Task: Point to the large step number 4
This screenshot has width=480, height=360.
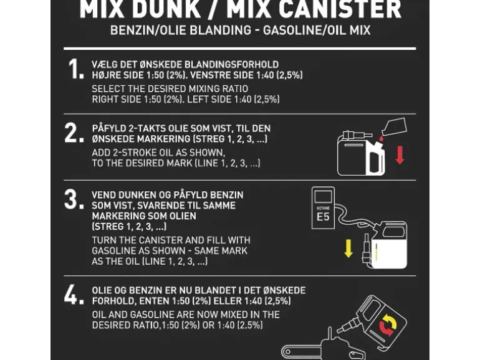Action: coord(74,295)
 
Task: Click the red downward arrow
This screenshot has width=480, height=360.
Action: coord(400,154)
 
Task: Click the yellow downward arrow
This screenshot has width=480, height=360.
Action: coord(349,247)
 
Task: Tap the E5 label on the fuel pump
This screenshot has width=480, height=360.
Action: coord(323,217)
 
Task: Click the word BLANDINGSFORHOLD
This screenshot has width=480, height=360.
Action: coord(236,65)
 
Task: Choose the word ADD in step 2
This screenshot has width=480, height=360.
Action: coord(101,153)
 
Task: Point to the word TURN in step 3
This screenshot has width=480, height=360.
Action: coord(105,240)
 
